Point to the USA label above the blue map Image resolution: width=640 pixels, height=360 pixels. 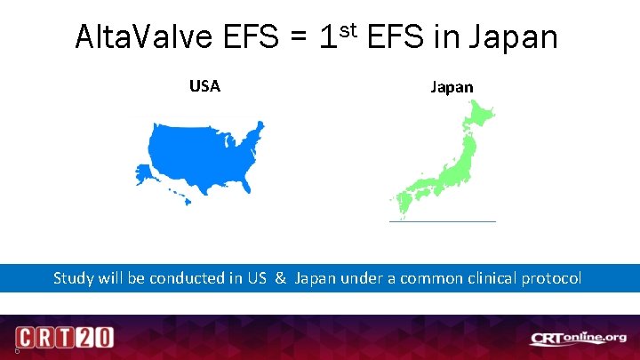pyautogui.click(x=204, y=86)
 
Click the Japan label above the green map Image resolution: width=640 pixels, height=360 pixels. pyautogui.click(x=452, y=86)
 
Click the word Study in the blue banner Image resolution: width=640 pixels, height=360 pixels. pyautogui.click(x=73, y=277)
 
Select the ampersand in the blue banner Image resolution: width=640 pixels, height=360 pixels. pyautogui.click(x=280, y=277)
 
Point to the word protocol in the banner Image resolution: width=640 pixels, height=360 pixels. pyautogui.click(x=552, y=278)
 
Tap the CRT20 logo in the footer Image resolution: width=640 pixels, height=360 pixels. pyautogui.click(x=64, y=339)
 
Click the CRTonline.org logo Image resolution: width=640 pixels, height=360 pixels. pyautogui.click(x=579, y=338)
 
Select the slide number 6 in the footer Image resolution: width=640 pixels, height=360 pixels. pyautogui.click(x=7, y=349)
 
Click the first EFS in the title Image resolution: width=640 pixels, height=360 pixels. pyautogui.click(x=251, y=37)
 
